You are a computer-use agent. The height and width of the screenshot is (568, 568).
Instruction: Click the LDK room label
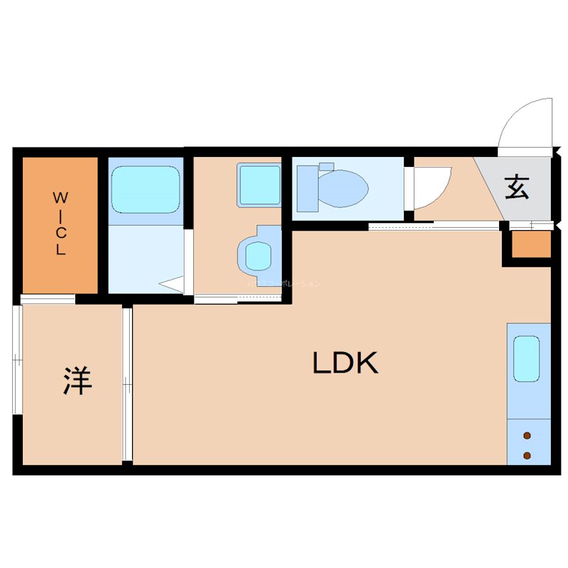[x=345, y=364]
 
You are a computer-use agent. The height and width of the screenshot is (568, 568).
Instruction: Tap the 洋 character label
[x=77, y=381]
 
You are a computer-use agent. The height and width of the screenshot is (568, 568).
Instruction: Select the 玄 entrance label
[x=517, y=187]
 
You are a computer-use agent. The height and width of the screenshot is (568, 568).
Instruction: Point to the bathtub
[x=144, y=189]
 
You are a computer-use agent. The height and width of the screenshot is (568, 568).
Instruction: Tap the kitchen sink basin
[x=526, y=358]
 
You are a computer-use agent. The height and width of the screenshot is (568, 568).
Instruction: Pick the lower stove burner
[x=527, y=455]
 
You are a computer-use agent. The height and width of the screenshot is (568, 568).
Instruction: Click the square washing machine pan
[x=258, y=185]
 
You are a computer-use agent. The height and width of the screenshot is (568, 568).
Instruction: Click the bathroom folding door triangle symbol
[x=173, y=285]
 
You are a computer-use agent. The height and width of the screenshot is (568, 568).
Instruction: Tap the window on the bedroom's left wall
[x=17, y=359]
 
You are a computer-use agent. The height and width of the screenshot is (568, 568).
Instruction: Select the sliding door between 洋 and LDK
[x=127, y=384]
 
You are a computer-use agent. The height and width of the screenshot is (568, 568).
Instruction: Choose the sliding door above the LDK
[x=433, y=226]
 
